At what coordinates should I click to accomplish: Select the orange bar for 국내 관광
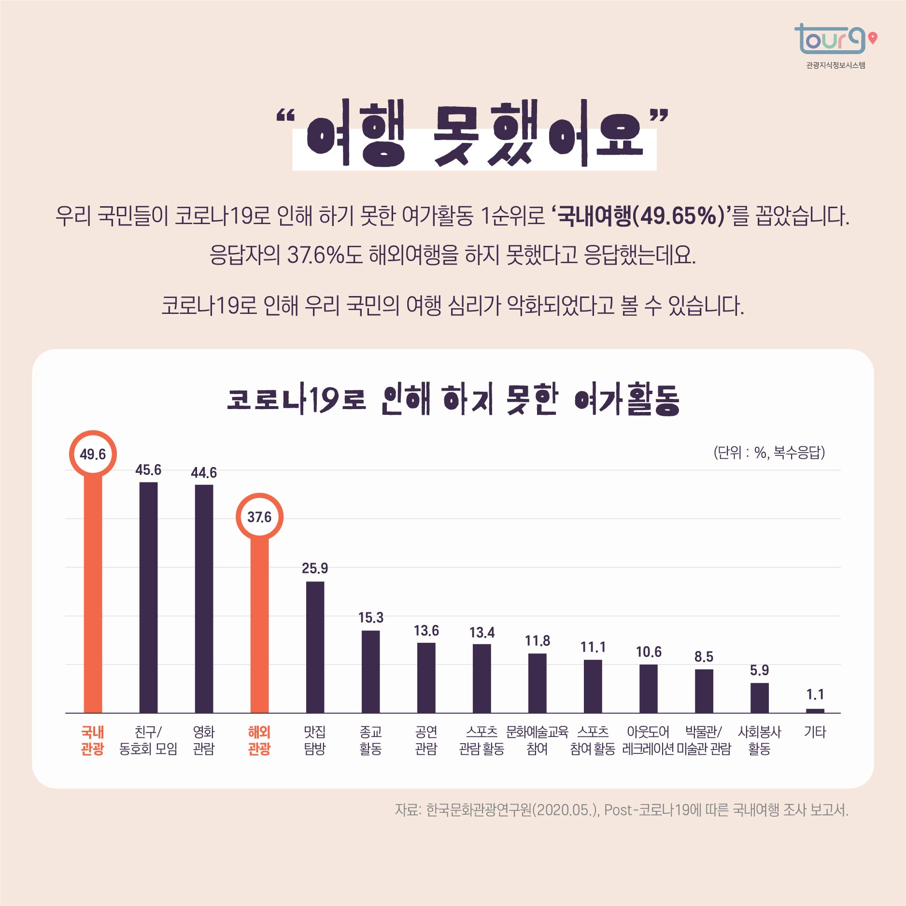93,594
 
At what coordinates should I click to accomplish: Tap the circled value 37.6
259,517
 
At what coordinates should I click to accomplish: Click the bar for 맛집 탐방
315,647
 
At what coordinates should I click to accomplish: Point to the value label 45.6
148,470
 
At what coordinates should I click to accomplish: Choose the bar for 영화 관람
204,599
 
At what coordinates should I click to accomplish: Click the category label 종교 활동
370,740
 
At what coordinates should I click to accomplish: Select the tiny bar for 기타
815,710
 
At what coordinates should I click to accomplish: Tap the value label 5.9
759,670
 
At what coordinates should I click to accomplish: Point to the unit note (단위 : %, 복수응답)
769,453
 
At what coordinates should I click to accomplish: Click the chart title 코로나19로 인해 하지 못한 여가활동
453,400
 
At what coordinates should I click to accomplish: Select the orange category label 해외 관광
259,740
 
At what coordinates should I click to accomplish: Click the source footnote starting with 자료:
621,809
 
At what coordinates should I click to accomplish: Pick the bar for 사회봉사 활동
759,698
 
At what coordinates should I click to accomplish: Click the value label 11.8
537,641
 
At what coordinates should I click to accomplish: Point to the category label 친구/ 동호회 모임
148,740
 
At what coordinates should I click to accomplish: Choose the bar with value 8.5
704,691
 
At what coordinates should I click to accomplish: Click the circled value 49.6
93,454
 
